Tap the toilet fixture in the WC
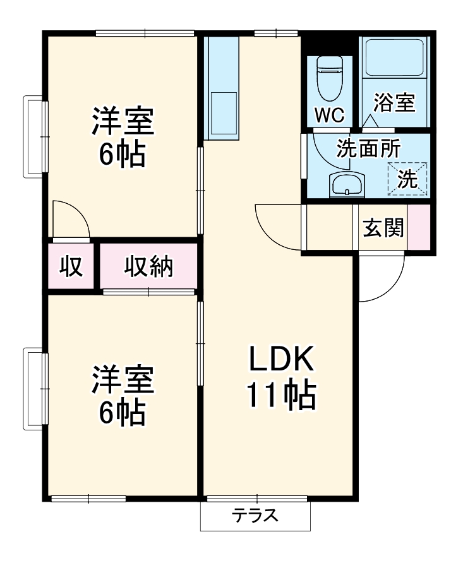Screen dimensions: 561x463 coord(328,79)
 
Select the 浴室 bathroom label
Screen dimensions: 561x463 coord(394,102)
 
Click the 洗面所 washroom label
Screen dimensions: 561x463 coord(368,148)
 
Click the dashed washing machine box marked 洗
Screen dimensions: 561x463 coord(407,179)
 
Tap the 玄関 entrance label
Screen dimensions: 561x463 coord(383,227)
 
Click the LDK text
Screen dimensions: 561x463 coord(280,360)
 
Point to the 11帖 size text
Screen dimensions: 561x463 coord(280,396)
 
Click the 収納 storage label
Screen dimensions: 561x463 coord(148,268)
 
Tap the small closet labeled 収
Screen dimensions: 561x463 coord(71,268)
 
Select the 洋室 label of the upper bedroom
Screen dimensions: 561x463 coord(124,121)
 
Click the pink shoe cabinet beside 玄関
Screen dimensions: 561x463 coord(419,227)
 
